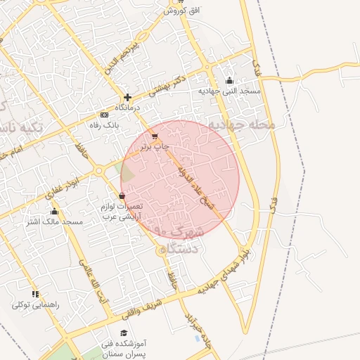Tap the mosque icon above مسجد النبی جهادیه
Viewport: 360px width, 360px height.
click(x=229, y=80)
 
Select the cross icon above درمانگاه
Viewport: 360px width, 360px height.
click(x=127, y=98)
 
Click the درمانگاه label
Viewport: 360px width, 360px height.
click(x=128, y=108)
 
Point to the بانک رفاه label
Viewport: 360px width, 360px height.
click(x=105, y=125)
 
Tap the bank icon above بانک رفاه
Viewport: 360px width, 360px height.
click(x=105, y=115)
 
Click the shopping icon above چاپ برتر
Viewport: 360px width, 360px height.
click(x=155, y=136)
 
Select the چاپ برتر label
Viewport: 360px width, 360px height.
click(x=155, y=147)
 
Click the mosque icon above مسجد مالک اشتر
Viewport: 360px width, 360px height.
click(x=54, y=212)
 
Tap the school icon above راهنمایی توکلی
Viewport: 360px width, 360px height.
click(x=34, y=295)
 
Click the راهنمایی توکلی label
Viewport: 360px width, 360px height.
click(x=35, y=305)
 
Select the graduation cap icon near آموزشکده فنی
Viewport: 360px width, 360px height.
click(x=124, y=333)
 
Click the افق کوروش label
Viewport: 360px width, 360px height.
click(x=174, y=11)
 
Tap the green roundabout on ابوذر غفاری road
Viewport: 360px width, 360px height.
click(x=100, y=169)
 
